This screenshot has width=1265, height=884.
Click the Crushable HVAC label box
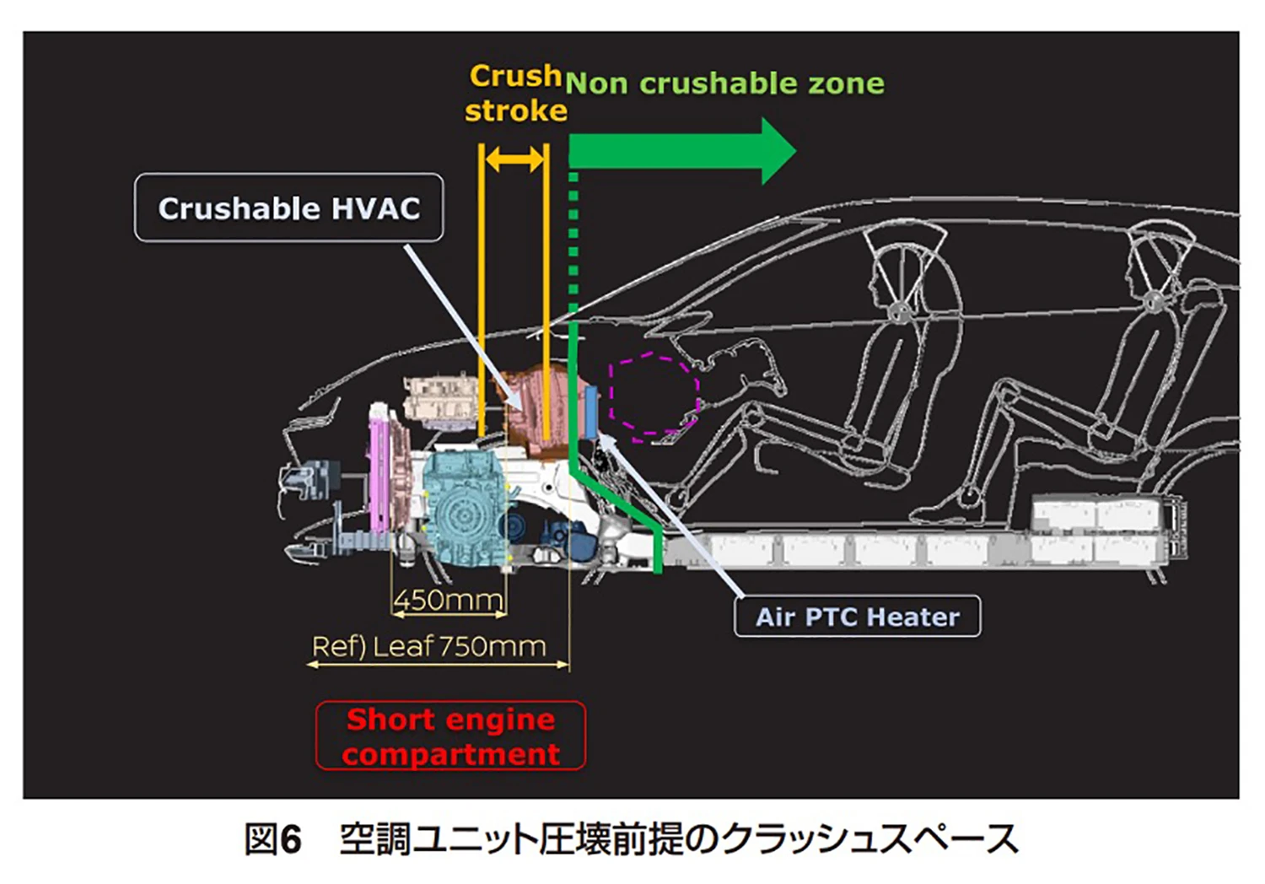(288, 208)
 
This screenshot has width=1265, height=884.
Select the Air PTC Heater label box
(857, 617)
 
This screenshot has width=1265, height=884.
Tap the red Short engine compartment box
(450, 736)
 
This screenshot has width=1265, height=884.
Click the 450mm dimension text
(449, 601)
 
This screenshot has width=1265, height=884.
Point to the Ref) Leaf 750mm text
(429, 647)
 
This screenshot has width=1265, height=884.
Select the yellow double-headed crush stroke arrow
(514, 159)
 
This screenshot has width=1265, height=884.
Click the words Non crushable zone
(725, 84)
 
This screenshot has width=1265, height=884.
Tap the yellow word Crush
(515, 76)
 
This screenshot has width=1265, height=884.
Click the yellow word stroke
(515, 110)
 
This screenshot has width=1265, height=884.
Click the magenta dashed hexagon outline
(654, 395)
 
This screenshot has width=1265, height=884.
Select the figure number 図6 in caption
(272, 839)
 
